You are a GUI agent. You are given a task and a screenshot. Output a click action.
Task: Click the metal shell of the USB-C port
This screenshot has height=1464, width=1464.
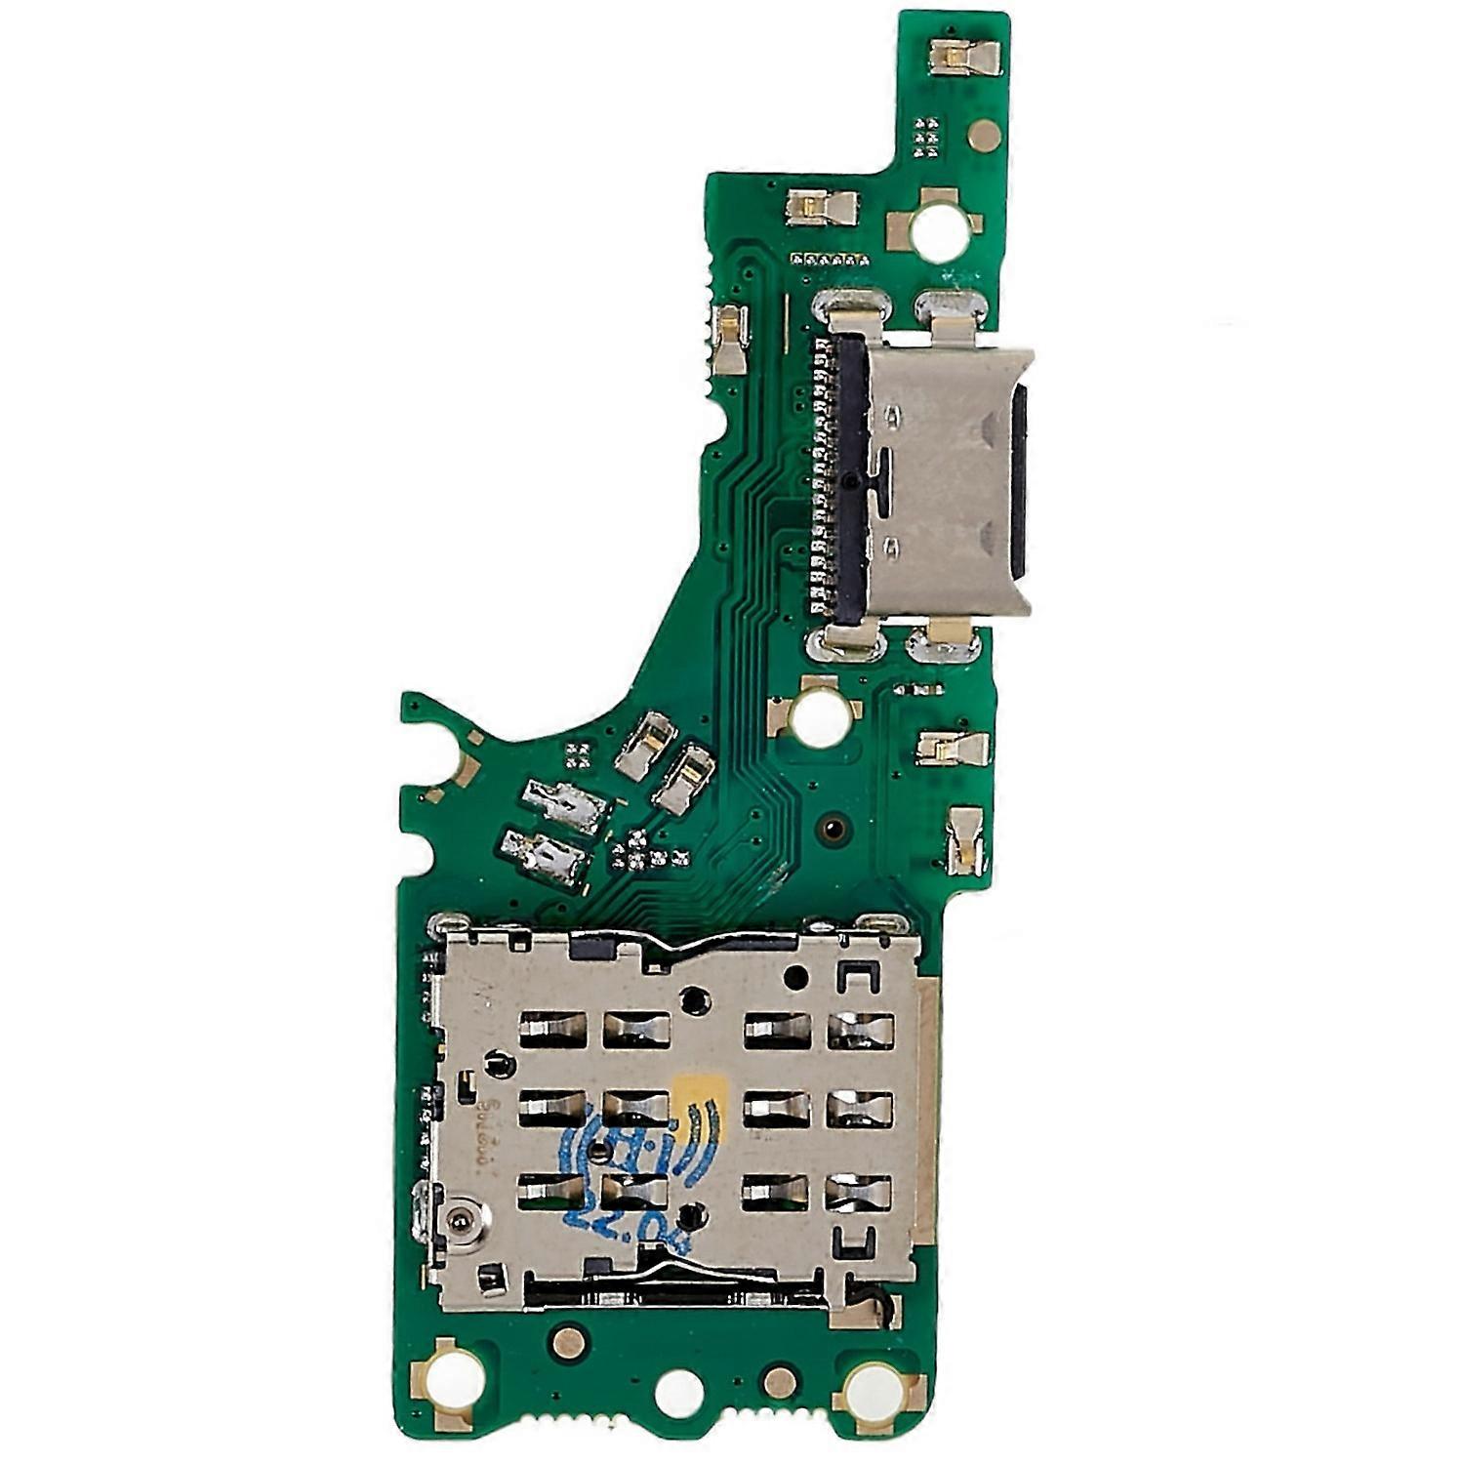pos(942,483)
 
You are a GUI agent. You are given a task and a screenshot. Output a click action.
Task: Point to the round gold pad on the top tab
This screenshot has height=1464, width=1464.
pos(984,136)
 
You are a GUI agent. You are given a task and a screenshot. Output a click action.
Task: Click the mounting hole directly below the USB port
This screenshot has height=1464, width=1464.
pos(819,716)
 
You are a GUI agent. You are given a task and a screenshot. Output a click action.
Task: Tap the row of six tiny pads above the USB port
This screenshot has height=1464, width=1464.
pos(829,260)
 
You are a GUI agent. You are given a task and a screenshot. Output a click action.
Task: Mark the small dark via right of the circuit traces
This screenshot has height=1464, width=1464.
pos(833,830)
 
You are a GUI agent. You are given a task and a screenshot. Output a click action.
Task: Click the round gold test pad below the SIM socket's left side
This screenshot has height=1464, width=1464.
pos(568,1343)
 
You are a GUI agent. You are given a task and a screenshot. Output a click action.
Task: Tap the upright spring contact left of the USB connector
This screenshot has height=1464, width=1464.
pos(729,339)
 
